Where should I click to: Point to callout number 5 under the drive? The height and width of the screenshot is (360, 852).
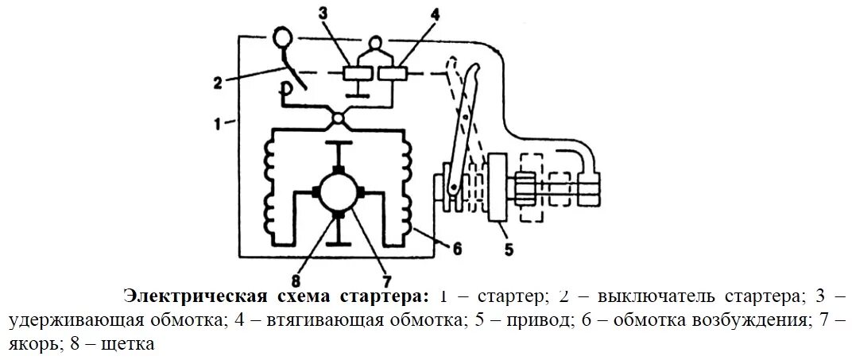point(509,251)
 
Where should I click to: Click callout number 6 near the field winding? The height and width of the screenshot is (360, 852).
point(456,247)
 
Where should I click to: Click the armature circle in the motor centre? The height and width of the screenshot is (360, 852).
point(339,192)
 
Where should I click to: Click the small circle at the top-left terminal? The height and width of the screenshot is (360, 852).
point(283,36)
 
